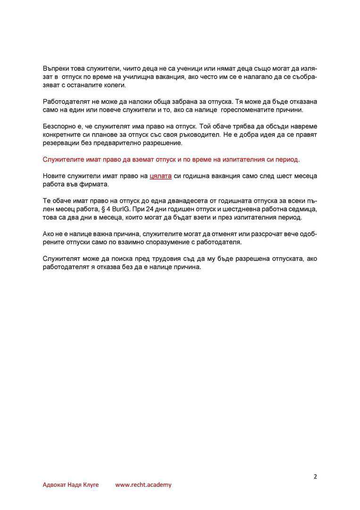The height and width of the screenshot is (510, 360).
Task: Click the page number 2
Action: [x=315, y=476]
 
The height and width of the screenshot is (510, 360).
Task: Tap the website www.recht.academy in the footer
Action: [x=143, y=485]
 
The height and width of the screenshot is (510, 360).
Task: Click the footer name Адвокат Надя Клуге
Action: [x=71, y=485]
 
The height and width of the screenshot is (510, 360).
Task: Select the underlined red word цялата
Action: [x=160, y=176]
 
